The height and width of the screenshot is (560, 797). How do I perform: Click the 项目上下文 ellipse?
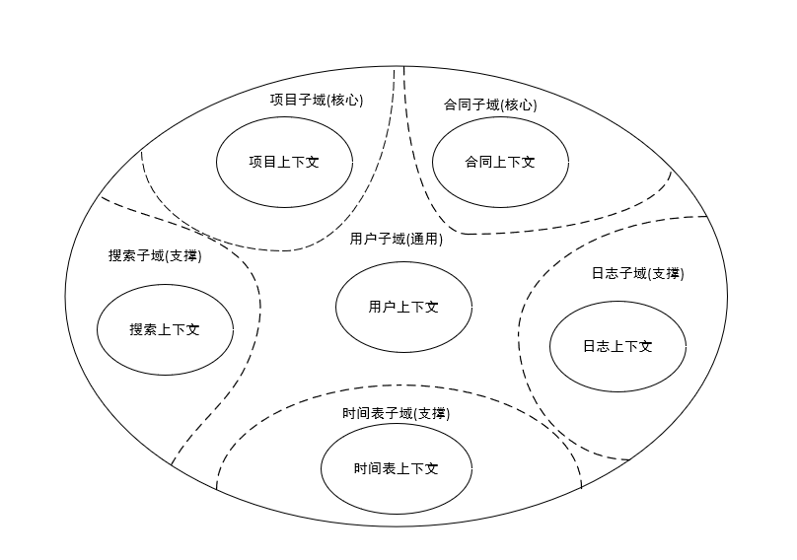(284, 163)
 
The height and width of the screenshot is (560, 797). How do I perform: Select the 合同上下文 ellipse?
(500, 163)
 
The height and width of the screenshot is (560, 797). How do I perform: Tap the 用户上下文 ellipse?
(403, 308)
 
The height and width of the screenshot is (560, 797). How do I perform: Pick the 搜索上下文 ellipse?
(165, 330)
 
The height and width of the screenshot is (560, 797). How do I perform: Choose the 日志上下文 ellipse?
(617, 346)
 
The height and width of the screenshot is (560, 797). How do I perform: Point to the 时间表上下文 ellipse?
(397, 468)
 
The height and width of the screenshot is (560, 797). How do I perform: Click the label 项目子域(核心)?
(317, 100)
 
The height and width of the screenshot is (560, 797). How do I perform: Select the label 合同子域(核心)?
(490, 105)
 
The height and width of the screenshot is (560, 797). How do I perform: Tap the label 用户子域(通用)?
(396, 239)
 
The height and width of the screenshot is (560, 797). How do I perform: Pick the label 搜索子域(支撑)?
(155, 255)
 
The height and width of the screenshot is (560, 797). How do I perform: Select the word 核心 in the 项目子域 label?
(346, 100)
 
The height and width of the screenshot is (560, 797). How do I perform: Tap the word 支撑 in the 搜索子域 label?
(184, 255)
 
